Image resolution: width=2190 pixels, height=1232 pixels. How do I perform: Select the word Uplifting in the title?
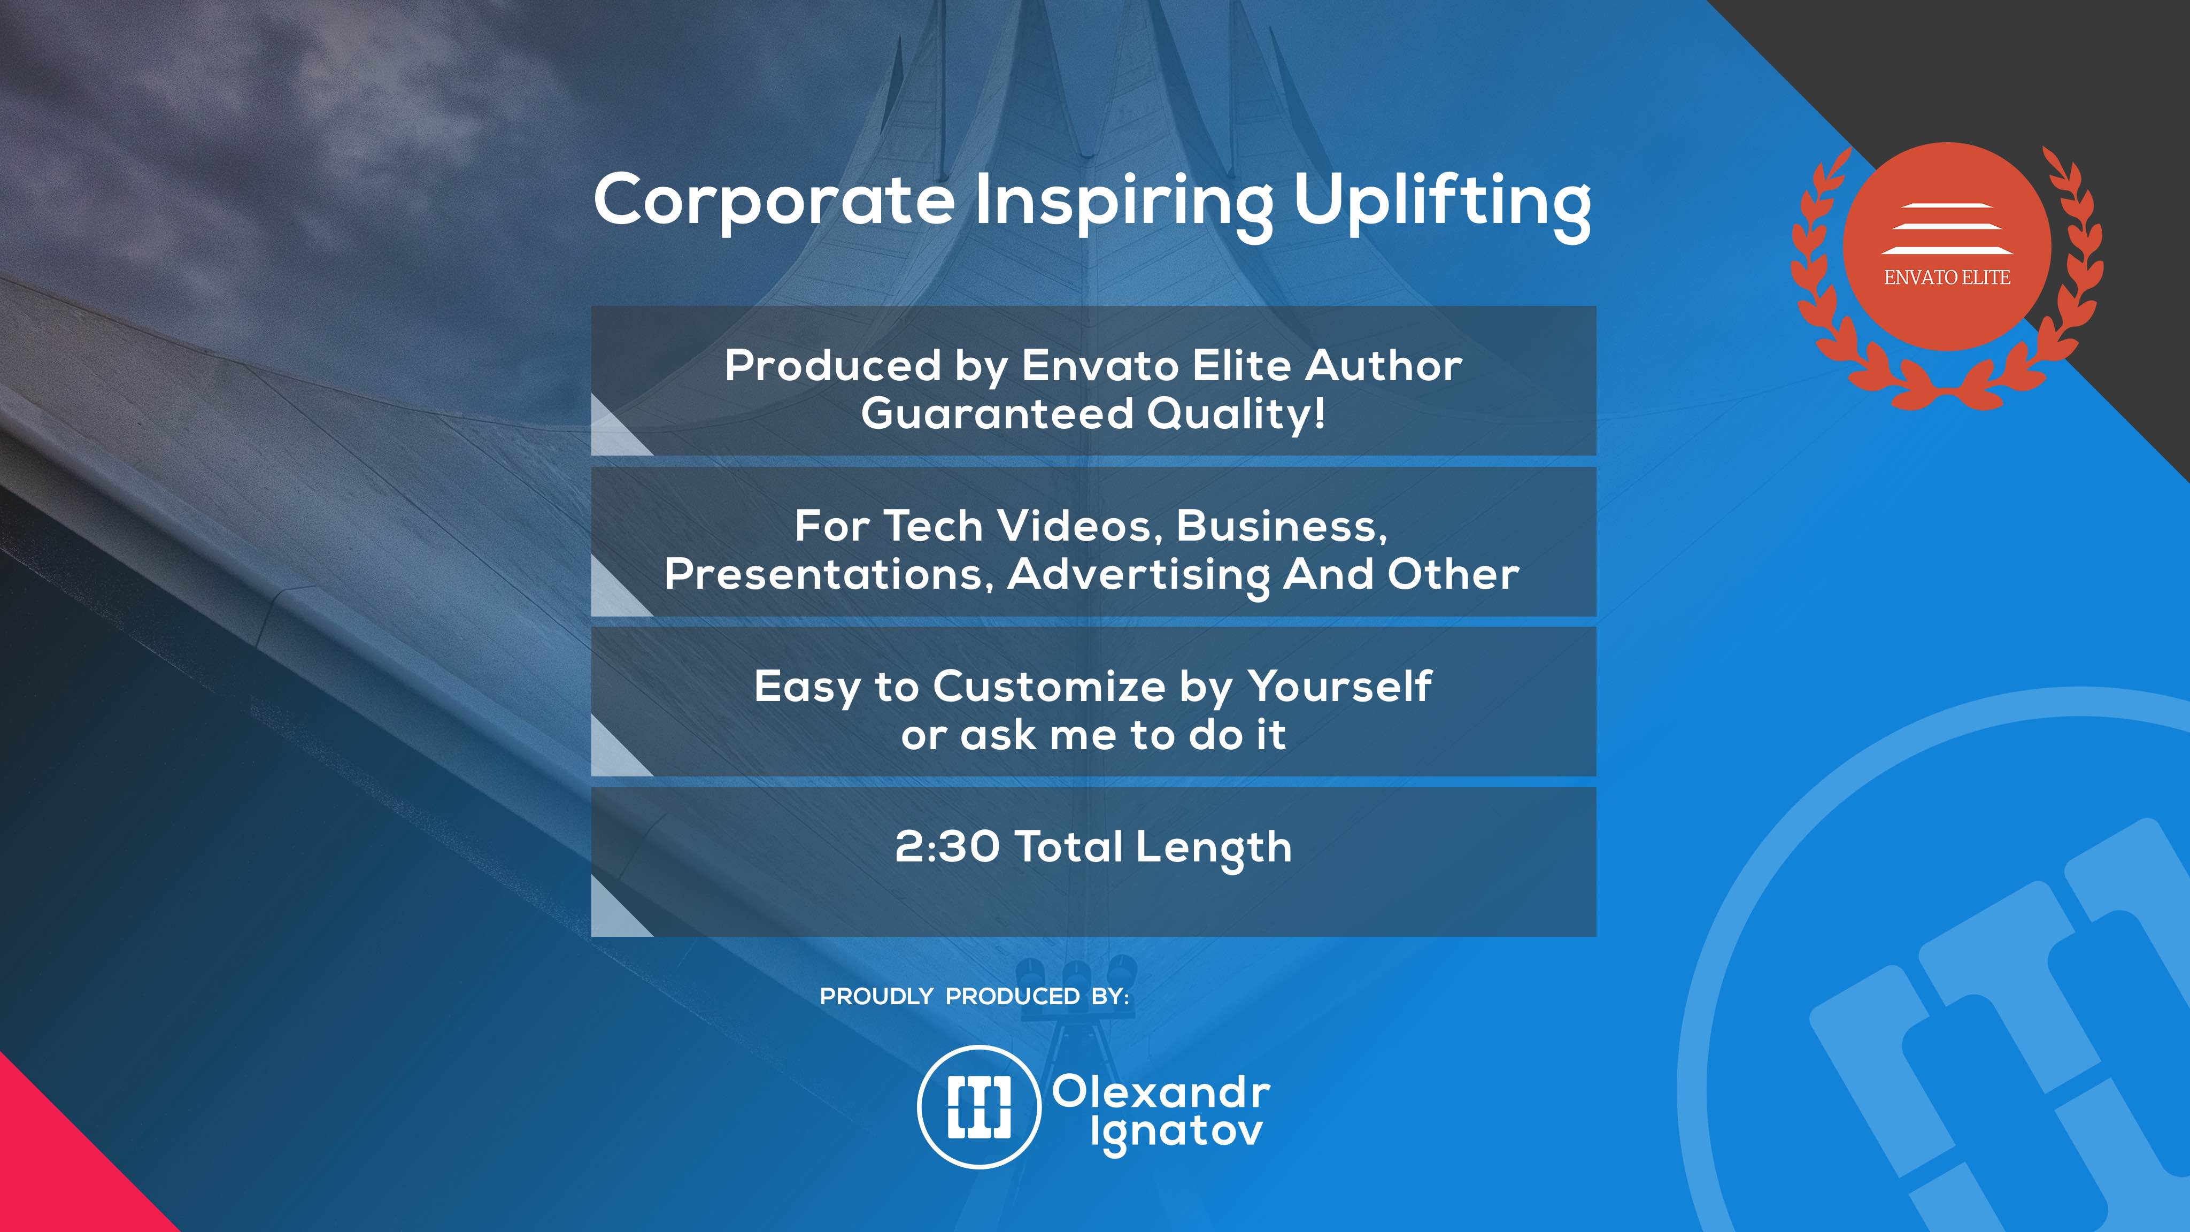(x=1442, y=204)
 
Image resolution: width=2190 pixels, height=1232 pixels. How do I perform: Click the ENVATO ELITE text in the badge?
(x=1947, y=277)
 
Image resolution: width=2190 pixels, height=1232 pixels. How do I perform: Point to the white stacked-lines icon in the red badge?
(x=1947, y=229)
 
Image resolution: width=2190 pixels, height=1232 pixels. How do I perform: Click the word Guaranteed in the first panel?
(x=997, y=414)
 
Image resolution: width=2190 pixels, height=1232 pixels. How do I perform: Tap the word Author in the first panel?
(x=1384, y=366)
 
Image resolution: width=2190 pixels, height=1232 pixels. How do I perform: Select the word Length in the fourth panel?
(x=1213, y=849)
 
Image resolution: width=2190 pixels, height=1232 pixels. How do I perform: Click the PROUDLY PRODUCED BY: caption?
(x=974, y=997)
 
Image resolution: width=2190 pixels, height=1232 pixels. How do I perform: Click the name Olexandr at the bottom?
(x=1161, y=1092)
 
